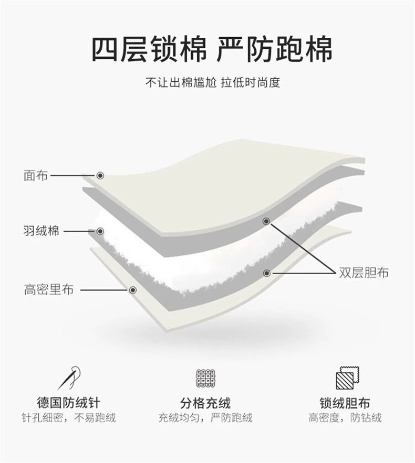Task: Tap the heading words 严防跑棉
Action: click(275, 50)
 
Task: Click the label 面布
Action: click(35, 175)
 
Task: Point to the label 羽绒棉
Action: click(41, 231)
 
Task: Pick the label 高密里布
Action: click(48, 289)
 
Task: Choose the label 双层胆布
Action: click(364, 273)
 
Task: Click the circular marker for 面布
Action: click(100, 176)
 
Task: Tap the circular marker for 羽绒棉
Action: click(100, 231)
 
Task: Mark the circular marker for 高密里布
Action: click(132, 289)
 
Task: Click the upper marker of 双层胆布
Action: click(266, 221)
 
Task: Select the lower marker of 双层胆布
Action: click(267, 273)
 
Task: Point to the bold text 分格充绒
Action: click(205, 403)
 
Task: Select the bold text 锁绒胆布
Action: click(345, 403)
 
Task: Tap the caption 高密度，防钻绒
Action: click(345, 418)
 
